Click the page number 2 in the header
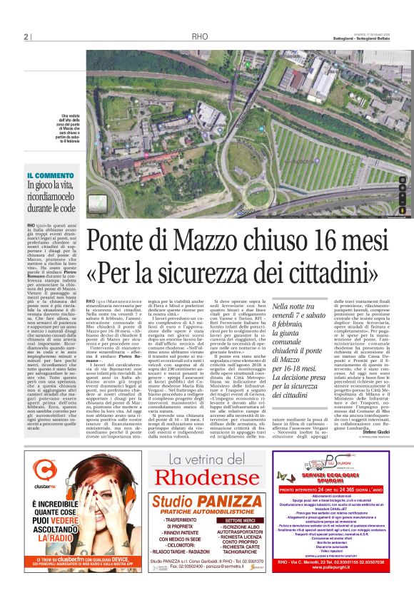26,37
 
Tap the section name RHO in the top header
199,37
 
